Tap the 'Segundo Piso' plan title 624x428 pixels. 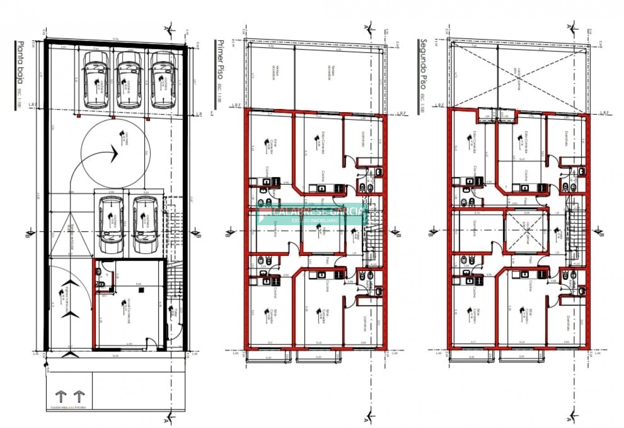click(x=423, y=65)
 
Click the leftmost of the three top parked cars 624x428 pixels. click(x=96, y=79)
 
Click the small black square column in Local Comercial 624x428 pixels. click(x=141, y=291)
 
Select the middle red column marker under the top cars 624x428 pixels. click(x=113, y=117)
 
